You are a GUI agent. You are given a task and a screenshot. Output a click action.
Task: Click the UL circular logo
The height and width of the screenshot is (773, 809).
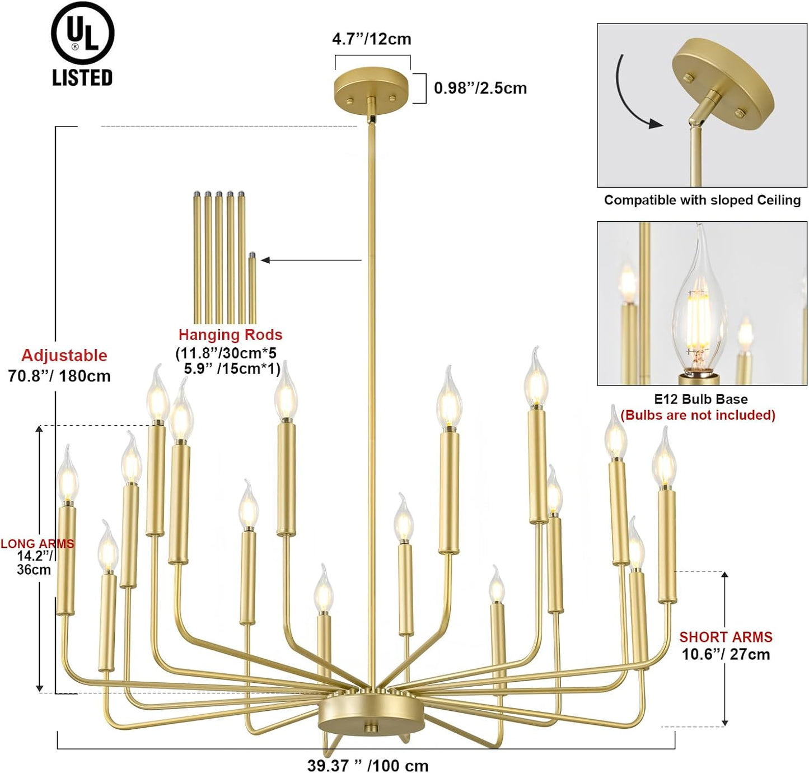[82, 34]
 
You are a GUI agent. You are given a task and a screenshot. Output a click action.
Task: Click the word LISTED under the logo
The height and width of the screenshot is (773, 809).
[82, 77]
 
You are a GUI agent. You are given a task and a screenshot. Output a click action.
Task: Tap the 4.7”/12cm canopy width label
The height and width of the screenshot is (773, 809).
[371, 39]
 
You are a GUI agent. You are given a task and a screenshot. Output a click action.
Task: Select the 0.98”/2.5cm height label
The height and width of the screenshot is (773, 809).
[480, 89]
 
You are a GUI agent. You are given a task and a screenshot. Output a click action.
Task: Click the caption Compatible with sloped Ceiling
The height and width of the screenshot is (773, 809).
[702, 200]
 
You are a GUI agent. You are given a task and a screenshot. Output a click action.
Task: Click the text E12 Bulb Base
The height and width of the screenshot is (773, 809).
[700, 399]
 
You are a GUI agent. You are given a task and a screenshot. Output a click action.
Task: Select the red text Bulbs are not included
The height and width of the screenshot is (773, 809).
[698, 415]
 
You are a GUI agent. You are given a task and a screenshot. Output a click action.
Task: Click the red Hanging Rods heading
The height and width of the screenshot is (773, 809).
[230, 334]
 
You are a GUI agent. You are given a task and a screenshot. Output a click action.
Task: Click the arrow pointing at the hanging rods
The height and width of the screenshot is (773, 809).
[311, 260]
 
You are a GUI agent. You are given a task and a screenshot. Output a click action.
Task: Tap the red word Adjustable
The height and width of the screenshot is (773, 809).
[64, 355]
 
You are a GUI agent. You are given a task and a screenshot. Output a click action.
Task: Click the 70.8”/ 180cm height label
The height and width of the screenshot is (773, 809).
[59, 376]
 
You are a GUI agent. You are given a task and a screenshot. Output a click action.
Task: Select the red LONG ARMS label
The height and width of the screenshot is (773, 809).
[37, 543]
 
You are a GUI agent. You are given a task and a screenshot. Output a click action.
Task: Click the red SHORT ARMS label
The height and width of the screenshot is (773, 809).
[726, 637]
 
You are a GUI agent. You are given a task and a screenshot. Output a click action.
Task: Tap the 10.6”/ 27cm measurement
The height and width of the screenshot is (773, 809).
[726, 654]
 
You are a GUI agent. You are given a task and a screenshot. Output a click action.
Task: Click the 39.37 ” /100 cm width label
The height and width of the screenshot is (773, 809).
[367, 765]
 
